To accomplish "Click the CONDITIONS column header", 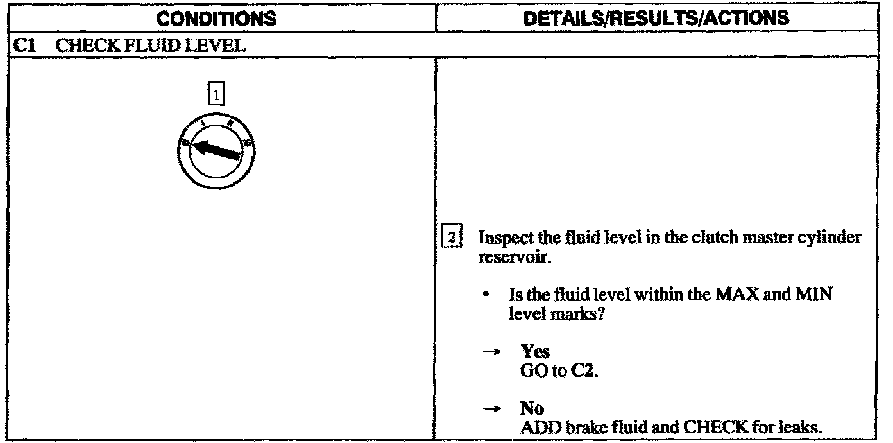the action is pos(219,19).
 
